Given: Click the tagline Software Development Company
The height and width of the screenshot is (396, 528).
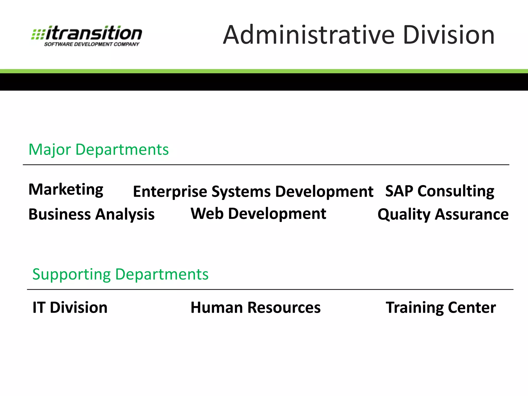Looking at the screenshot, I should (92, 44).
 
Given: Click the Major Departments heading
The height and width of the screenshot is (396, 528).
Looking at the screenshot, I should (98, 149).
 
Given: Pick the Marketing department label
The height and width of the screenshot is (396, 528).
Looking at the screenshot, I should (66, 189).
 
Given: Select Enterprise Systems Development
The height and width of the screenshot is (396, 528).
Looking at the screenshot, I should (253, 192).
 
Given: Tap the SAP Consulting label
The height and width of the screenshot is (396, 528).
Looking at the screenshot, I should (440, 191).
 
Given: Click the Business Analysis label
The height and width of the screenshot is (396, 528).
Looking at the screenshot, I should (92, 214).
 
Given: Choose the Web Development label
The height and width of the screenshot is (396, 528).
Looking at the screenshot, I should (258, 214).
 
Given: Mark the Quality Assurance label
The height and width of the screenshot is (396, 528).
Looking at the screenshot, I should (443, 214).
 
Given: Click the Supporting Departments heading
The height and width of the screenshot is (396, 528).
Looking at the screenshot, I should (120, 274).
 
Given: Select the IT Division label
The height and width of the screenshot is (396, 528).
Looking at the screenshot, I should (70, 307).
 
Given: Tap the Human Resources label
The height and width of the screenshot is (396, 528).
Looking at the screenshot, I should (255, 307).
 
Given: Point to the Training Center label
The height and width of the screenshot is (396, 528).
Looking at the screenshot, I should (441, 307).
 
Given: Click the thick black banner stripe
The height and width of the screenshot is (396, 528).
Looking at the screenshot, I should (264, 82).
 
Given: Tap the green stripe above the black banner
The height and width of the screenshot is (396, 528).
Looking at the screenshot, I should (264, 71).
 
